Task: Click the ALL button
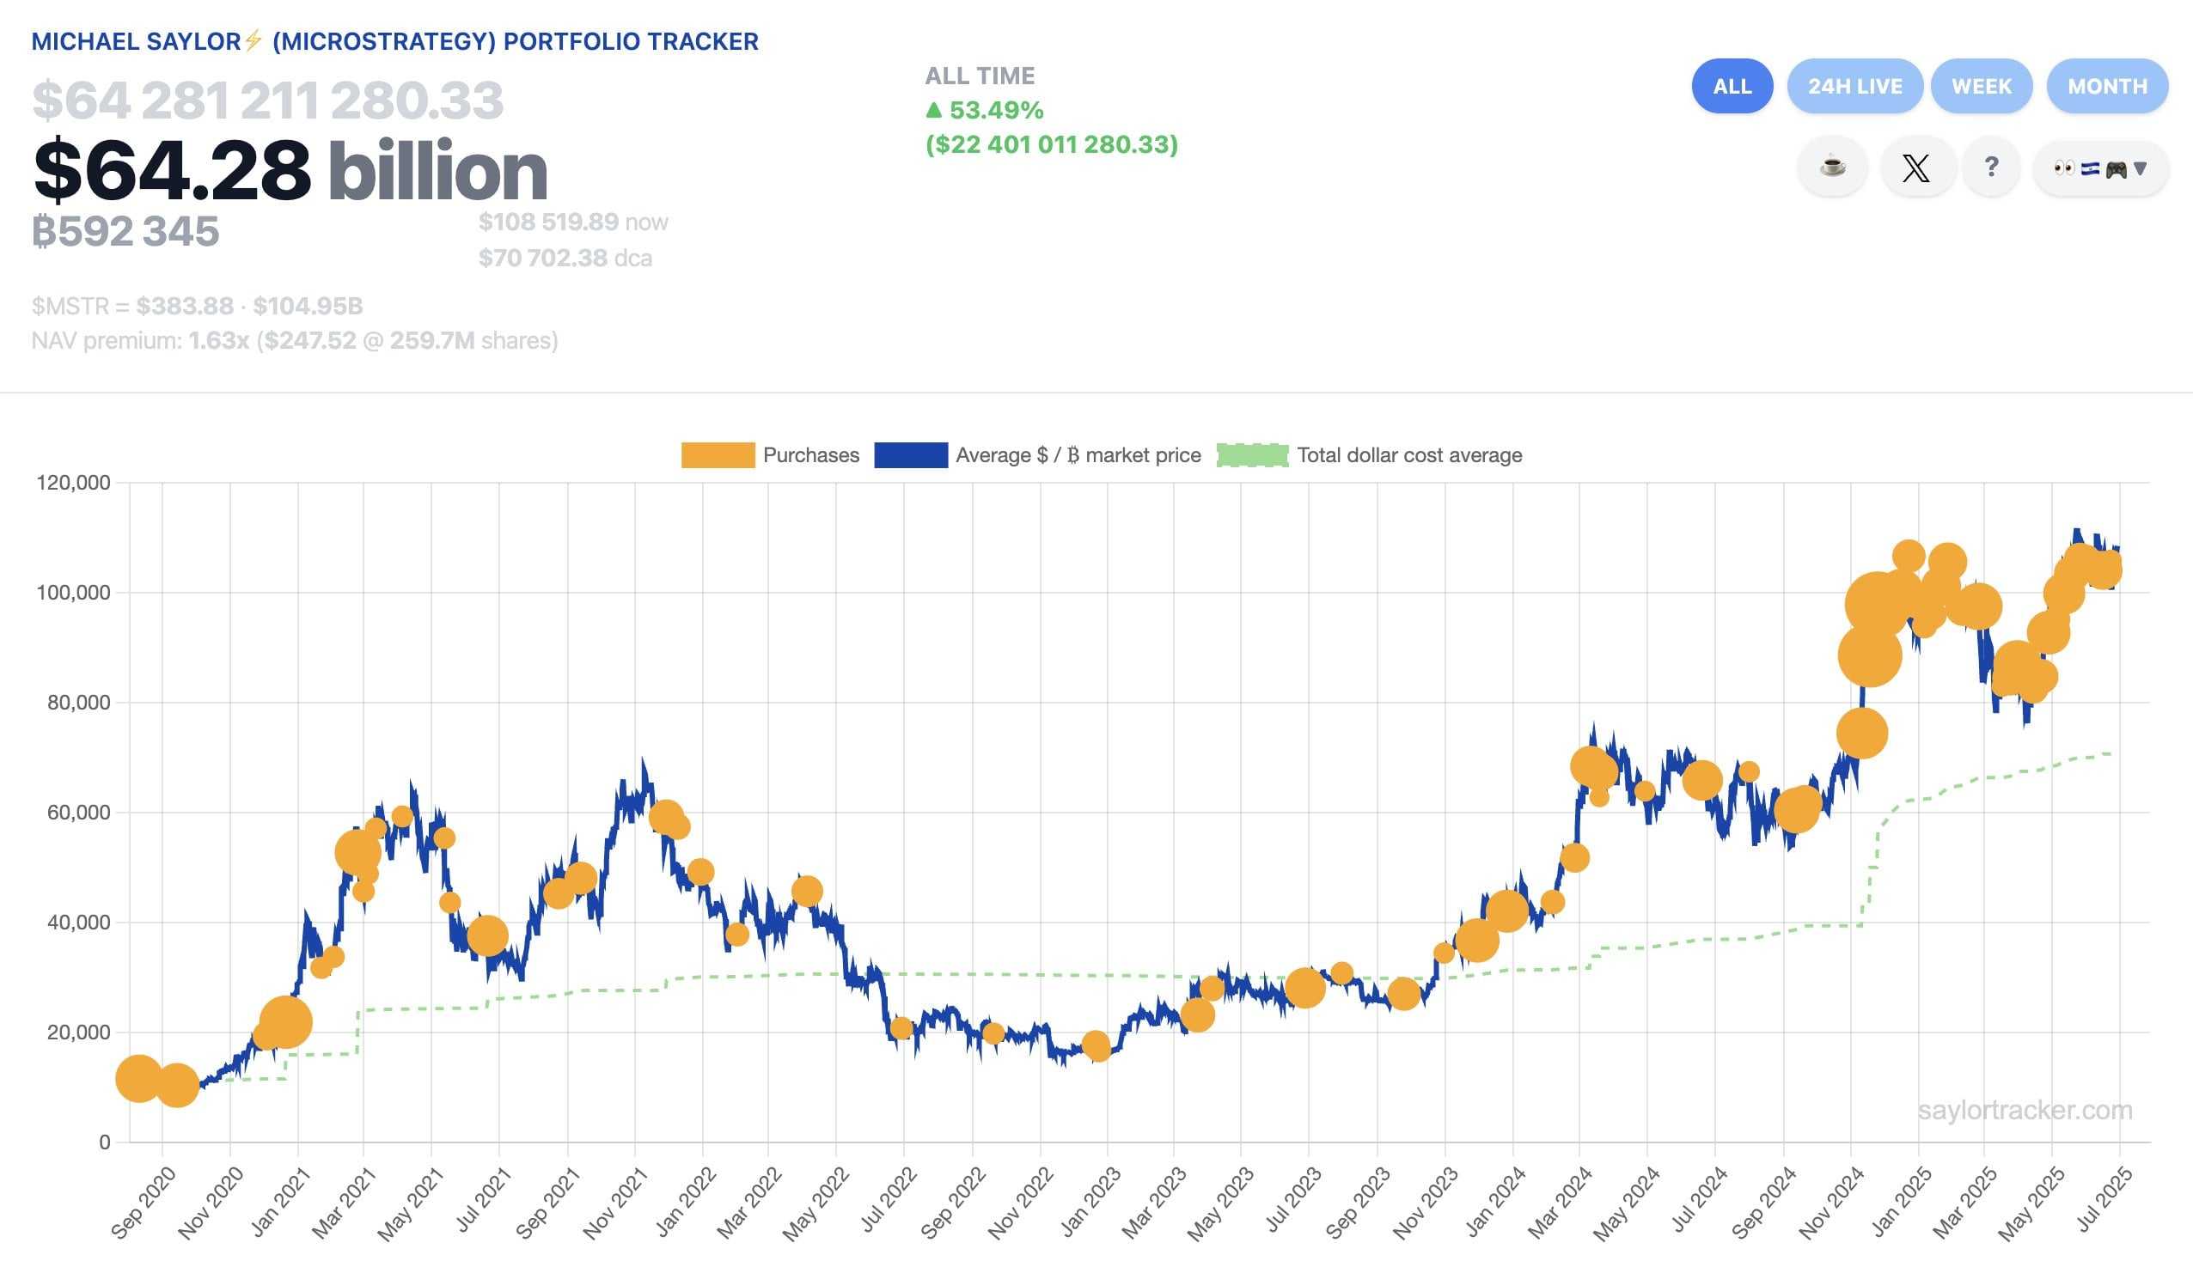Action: click(1732, 87)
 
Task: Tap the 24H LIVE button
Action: click(1854, 87)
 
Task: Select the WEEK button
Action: click(1981, 87)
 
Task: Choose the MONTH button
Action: click(2106, 87)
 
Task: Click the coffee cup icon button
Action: click(1832, 167)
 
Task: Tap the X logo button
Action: click(1915, 168)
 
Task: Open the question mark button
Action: click(1991, 167)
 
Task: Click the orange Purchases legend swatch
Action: click(718, 455)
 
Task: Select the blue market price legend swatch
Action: click(910, 455)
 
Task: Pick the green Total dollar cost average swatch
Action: click(1251, 455)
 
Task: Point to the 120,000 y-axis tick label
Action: click(73, 484)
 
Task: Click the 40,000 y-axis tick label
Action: click(78, 923)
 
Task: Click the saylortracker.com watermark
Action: click(2024, 1111)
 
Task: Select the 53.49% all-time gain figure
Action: click(995, 111)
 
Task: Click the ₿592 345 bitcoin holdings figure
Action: click(125, 232)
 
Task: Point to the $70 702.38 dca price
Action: click(542, 258)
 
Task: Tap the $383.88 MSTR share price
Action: click(185, 307)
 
